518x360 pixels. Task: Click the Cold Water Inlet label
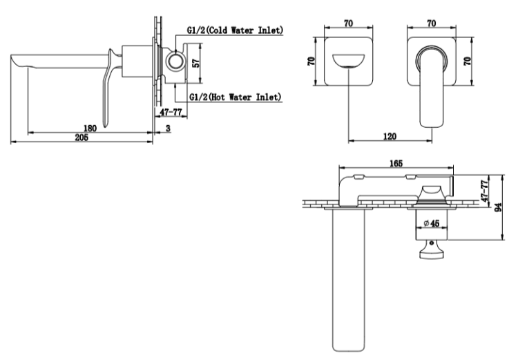(x=236, y=30)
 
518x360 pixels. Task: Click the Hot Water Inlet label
(x=236, y=97)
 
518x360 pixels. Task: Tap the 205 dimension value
(x=81, y=138)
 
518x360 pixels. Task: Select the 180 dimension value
(x=90, y=129)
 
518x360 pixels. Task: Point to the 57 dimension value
(x=196, y=63)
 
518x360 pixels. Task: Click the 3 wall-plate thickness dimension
(x=168, y=129)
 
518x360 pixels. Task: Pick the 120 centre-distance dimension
(x=390, y=136)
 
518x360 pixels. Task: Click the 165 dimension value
(x=396, y=163)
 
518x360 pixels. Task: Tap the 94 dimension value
(x=498, y=207)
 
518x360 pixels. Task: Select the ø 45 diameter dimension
(x=432, y=223)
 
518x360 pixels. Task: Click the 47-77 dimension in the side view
(x=171, y=112)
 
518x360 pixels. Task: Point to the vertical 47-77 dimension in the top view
(x=485, y=191)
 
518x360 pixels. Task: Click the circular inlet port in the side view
(x=175, y=61)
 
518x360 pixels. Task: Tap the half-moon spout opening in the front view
(x=349, y=61)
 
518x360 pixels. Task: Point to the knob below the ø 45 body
(x=431, y=249)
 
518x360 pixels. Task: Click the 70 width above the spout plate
(x=349, y=23)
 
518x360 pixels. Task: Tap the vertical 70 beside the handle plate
(x=467, y=61)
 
